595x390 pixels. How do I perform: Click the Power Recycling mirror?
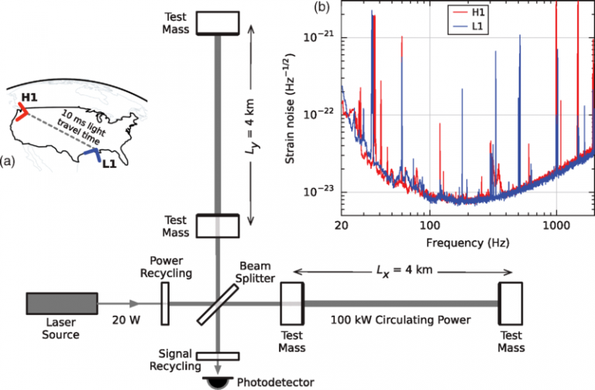[165, 303]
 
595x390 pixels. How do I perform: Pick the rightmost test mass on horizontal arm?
[510, 303]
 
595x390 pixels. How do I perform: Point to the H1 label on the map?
[30, 98]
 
